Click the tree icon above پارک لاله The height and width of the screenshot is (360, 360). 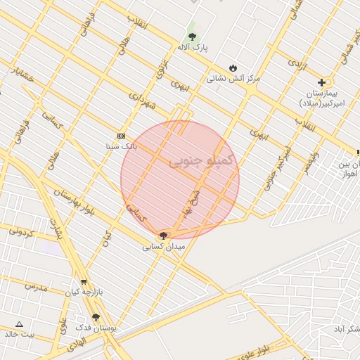coord(192,37)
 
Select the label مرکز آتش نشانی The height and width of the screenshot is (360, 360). coord(233,79)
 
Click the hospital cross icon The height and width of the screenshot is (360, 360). coord(321,82)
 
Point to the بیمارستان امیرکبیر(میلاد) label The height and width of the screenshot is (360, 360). coord(324,98)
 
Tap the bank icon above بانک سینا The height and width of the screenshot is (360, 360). coord(121,136)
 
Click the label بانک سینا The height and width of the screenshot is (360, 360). coord(120,146)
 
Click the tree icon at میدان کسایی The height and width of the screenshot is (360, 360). coord(164,236)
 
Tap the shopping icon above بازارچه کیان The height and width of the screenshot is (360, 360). coord(84,282)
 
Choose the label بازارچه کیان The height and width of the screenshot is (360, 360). coord(84,292)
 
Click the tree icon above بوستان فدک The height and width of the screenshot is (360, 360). coord(96,318)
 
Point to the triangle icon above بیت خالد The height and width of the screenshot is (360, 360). coord(19,324)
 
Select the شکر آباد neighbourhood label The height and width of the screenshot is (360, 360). coord(345,329)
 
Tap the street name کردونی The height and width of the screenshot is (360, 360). coord(23,231)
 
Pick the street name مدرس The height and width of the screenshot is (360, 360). coord(34,287)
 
